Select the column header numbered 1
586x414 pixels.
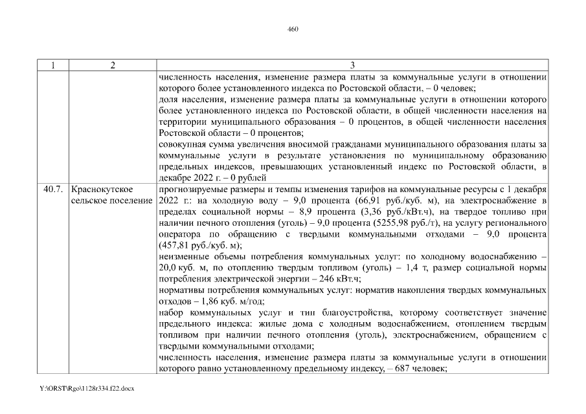pyautogui.click(x=52, y=65)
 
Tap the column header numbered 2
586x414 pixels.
pyautogui.click(x=112, y=65)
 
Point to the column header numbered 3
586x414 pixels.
pyautogui.click(x=352, y=65)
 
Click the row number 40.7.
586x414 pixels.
pyautogui.click(x=52, y=189)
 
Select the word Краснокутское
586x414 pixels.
pyautogui.click(x=102, y=189)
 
